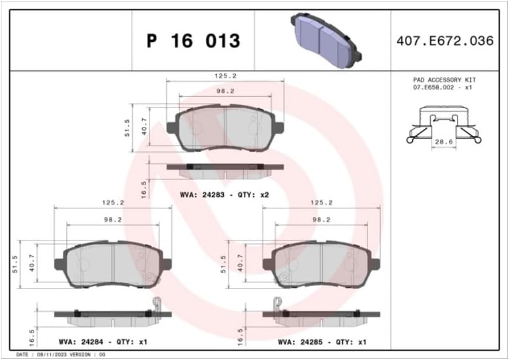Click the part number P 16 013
194,41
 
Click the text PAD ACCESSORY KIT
444,80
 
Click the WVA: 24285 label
298,342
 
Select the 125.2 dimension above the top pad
225,75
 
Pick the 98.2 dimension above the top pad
225,90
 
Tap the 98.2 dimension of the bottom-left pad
113,219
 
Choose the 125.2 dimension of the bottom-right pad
321,203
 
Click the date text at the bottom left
55,355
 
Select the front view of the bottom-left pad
113,264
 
